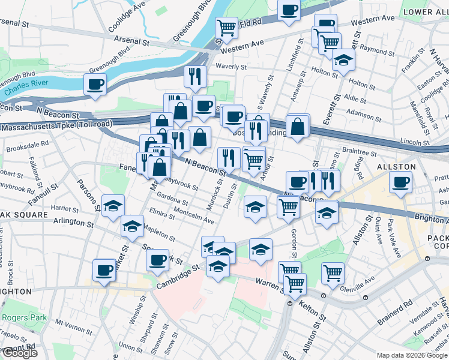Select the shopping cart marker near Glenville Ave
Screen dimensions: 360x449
coord(333,274)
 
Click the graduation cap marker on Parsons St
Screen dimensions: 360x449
coord(113,206)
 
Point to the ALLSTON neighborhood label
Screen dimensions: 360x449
coord(396,166)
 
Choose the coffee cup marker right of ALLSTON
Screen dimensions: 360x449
coord(400,182)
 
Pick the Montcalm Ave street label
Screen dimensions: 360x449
coord(193,217)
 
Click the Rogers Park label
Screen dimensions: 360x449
coord(20,317)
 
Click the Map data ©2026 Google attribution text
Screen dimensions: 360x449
coord(412,355)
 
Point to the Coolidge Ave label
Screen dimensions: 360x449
coord(127,16)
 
